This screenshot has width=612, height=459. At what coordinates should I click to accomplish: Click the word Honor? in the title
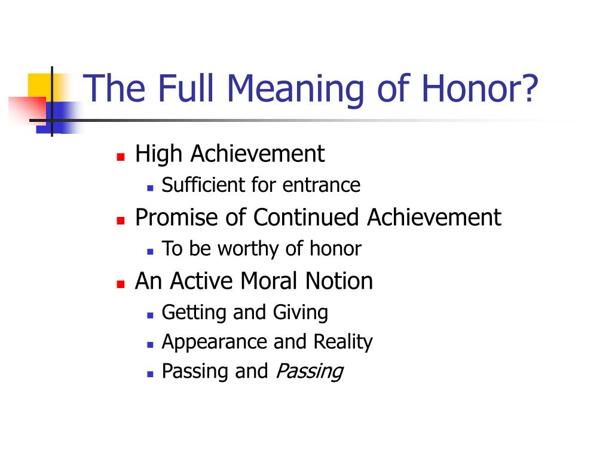[x=479, y=88]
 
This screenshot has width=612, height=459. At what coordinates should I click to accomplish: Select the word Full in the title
[x=186, y=88]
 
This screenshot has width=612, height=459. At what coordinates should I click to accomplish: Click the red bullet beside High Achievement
[x=121, y=157]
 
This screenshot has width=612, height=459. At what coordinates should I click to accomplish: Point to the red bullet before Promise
[x=121, y=221]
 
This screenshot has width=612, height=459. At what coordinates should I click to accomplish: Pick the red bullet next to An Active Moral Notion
[x=121, y=284]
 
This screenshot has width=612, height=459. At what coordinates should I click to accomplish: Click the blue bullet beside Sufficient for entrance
[x=150, y=188]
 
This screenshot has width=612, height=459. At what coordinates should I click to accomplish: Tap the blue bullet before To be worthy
[x=150, y=252]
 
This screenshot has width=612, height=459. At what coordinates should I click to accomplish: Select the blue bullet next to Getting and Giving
[x=150, y=316]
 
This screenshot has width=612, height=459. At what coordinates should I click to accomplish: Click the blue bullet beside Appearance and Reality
[x=150, y=345]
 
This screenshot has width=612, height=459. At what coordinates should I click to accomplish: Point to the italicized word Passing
[x=310, y=372]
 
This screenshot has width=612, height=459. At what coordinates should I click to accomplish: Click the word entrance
[x=321, y=185]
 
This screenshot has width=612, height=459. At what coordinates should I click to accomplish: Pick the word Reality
[x=343, y=342]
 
